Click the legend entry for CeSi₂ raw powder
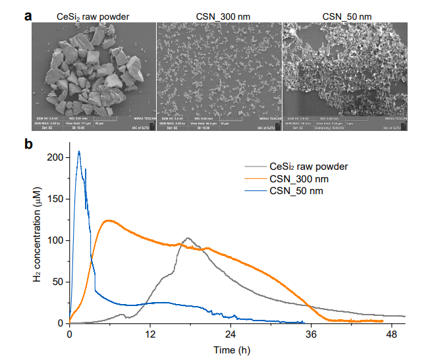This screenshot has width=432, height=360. (308, 167)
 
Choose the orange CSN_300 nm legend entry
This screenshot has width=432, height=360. (298, 178)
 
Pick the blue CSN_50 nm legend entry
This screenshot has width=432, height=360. (296, 191)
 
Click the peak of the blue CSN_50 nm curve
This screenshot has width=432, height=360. (79, 151)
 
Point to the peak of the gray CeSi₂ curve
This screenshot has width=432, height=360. (188, 238)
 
